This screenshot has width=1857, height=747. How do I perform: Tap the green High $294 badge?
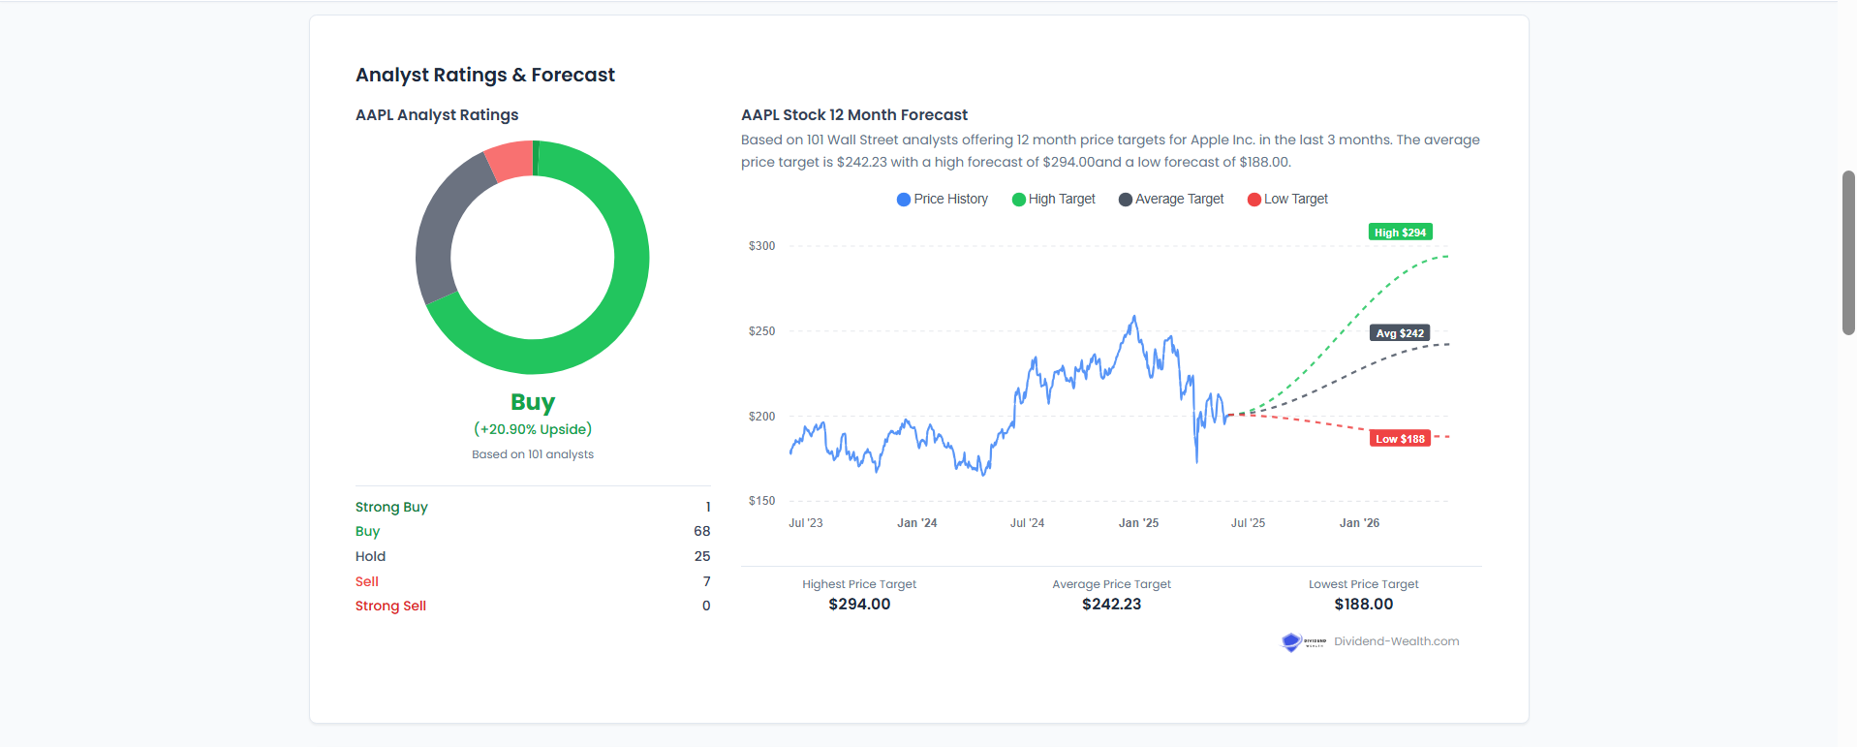1400,233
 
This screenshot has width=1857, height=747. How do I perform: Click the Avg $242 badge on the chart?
1400,333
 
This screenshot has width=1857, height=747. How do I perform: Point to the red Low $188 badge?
1400,439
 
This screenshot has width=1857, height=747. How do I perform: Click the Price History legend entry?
943,200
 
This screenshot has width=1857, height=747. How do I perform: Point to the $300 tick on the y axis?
761,246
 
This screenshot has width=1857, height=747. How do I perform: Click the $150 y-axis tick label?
761,501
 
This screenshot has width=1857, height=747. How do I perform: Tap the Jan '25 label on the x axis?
1138,523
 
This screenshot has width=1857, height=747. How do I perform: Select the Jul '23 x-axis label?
805,523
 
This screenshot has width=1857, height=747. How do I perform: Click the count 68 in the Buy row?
701,531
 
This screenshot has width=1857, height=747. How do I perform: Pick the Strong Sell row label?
390,606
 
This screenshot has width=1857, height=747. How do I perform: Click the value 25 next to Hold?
701,556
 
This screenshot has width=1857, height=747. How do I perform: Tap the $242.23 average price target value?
1111,604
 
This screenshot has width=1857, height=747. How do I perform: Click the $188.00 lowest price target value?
1363,604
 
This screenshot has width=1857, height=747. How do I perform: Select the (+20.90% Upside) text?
533,429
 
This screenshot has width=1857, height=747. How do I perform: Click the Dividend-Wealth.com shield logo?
1291,642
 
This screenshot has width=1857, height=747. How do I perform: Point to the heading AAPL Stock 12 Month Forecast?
854,115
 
